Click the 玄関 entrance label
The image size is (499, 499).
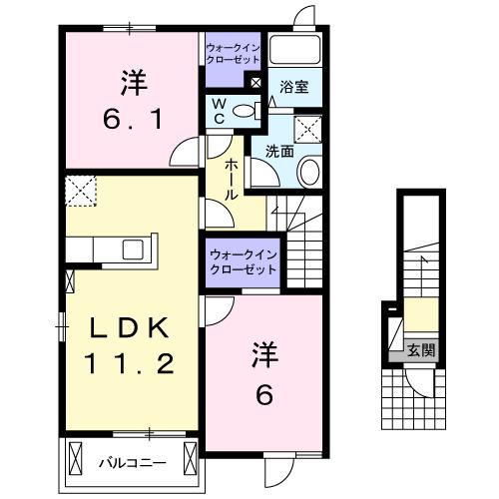(x=421, y=350)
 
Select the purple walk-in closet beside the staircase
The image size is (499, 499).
(x=243, y=264)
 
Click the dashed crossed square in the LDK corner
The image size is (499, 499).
(x=80, y=189)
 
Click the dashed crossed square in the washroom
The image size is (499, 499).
(x=307, y=127)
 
